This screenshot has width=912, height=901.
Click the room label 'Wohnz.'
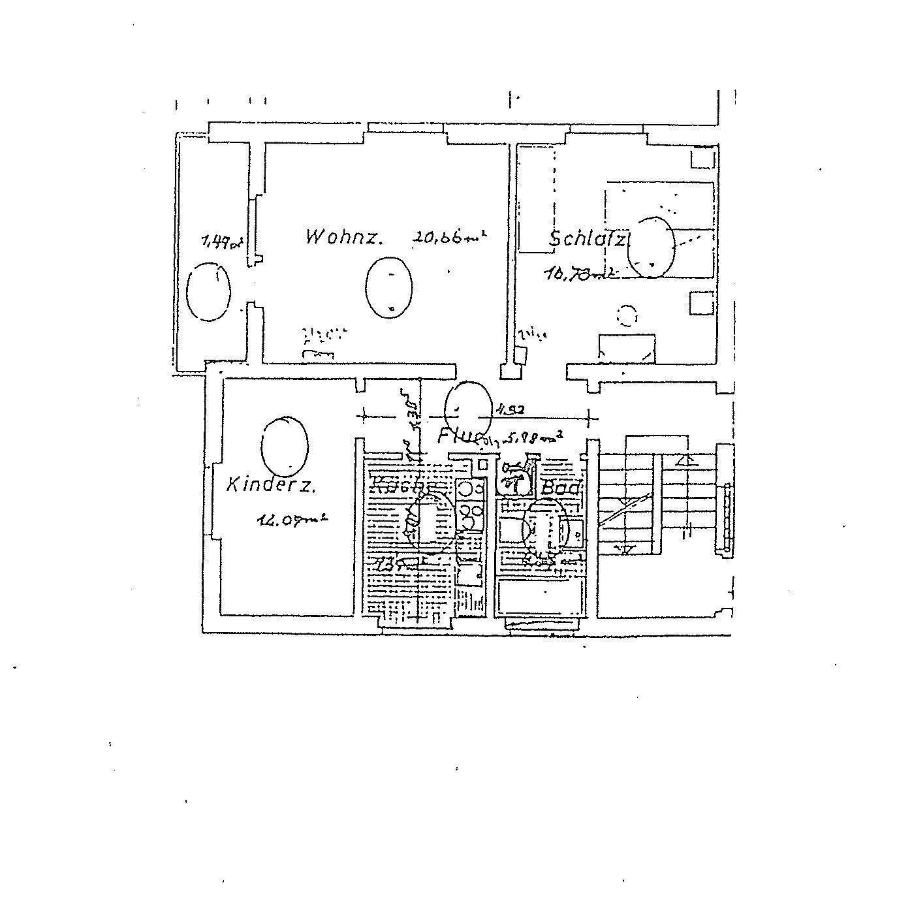point(343,236)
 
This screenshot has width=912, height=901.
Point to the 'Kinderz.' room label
point(272,485)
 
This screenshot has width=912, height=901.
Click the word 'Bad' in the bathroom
point(561,488)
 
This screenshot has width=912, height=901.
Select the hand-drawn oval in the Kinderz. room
point(285,445)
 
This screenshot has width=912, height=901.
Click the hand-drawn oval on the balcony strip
point(208,291)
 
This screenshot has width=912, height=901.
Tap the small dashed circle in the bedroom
point(627,316)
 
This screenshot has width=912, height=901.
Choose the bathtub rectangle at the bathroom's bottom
point(538,597)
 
